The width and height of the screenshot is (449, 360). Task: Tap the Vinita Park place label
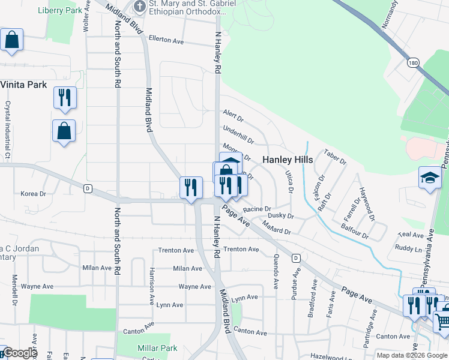point(23,85)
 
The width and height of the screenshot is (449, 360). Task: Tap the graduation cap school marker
point(429,178)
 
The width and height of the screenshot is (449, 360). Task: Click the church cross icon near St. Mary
point(139,7)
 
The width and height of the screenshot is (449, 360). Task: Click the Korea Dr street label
point(34,194)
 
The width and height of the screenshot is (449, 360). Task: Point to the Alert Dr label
point(233,114)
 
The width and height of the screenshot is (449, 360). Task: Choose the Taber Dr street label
point(334,157)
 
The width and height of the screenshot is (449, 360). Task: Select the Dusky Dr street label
point(280,215)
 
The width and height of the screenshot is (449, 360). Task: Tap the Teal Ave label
point(411,235)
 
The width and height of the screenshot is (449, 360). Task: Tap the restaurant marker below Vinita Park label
point(65,97)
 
